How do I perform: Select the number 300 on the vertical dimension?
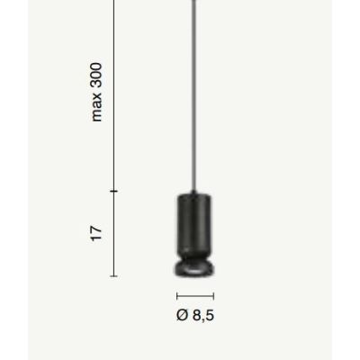[97, 75]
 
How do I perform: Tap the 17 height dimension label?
[97, 233]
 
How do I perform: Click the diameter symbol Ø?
[183, 315]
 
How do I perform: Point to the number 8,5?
[203, 316]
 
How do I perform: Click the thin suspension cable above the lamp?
[193, 95]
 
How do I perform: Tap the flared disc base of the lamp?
[194, 268]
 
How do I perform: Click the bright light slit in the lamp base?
[193, 271]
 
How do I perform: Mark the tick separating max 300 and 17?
[114, 191]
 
